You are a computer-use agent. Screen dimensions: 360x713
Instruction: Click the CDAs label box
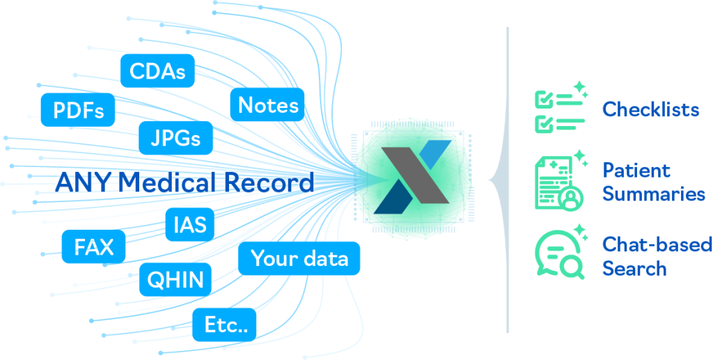pos(157,71)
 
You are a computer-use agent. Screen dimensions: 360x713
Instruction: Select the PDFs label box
pos(78,110)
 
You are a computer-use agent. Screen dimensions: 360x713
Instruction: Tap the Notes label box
pos(268,104)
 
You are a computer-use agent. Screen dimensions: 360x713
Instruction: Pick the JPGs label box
pos(175,138)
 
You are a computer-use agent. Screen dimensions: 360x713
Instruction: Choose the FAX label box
pos(93,246)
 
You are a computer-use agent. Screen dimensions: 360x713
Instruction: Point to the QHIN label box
pos(175,280)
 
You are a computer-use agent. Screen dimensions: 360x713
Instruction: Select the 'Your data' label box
pos(299,259)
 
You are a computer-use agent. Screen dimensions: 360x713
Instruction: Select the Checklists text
pos(651,109)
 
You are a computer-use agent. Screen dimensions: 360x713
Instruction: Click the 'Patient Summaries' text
pos(653,182)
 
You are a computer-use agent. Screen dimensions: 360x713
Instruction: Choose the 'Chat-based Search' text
pos(657,256)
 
